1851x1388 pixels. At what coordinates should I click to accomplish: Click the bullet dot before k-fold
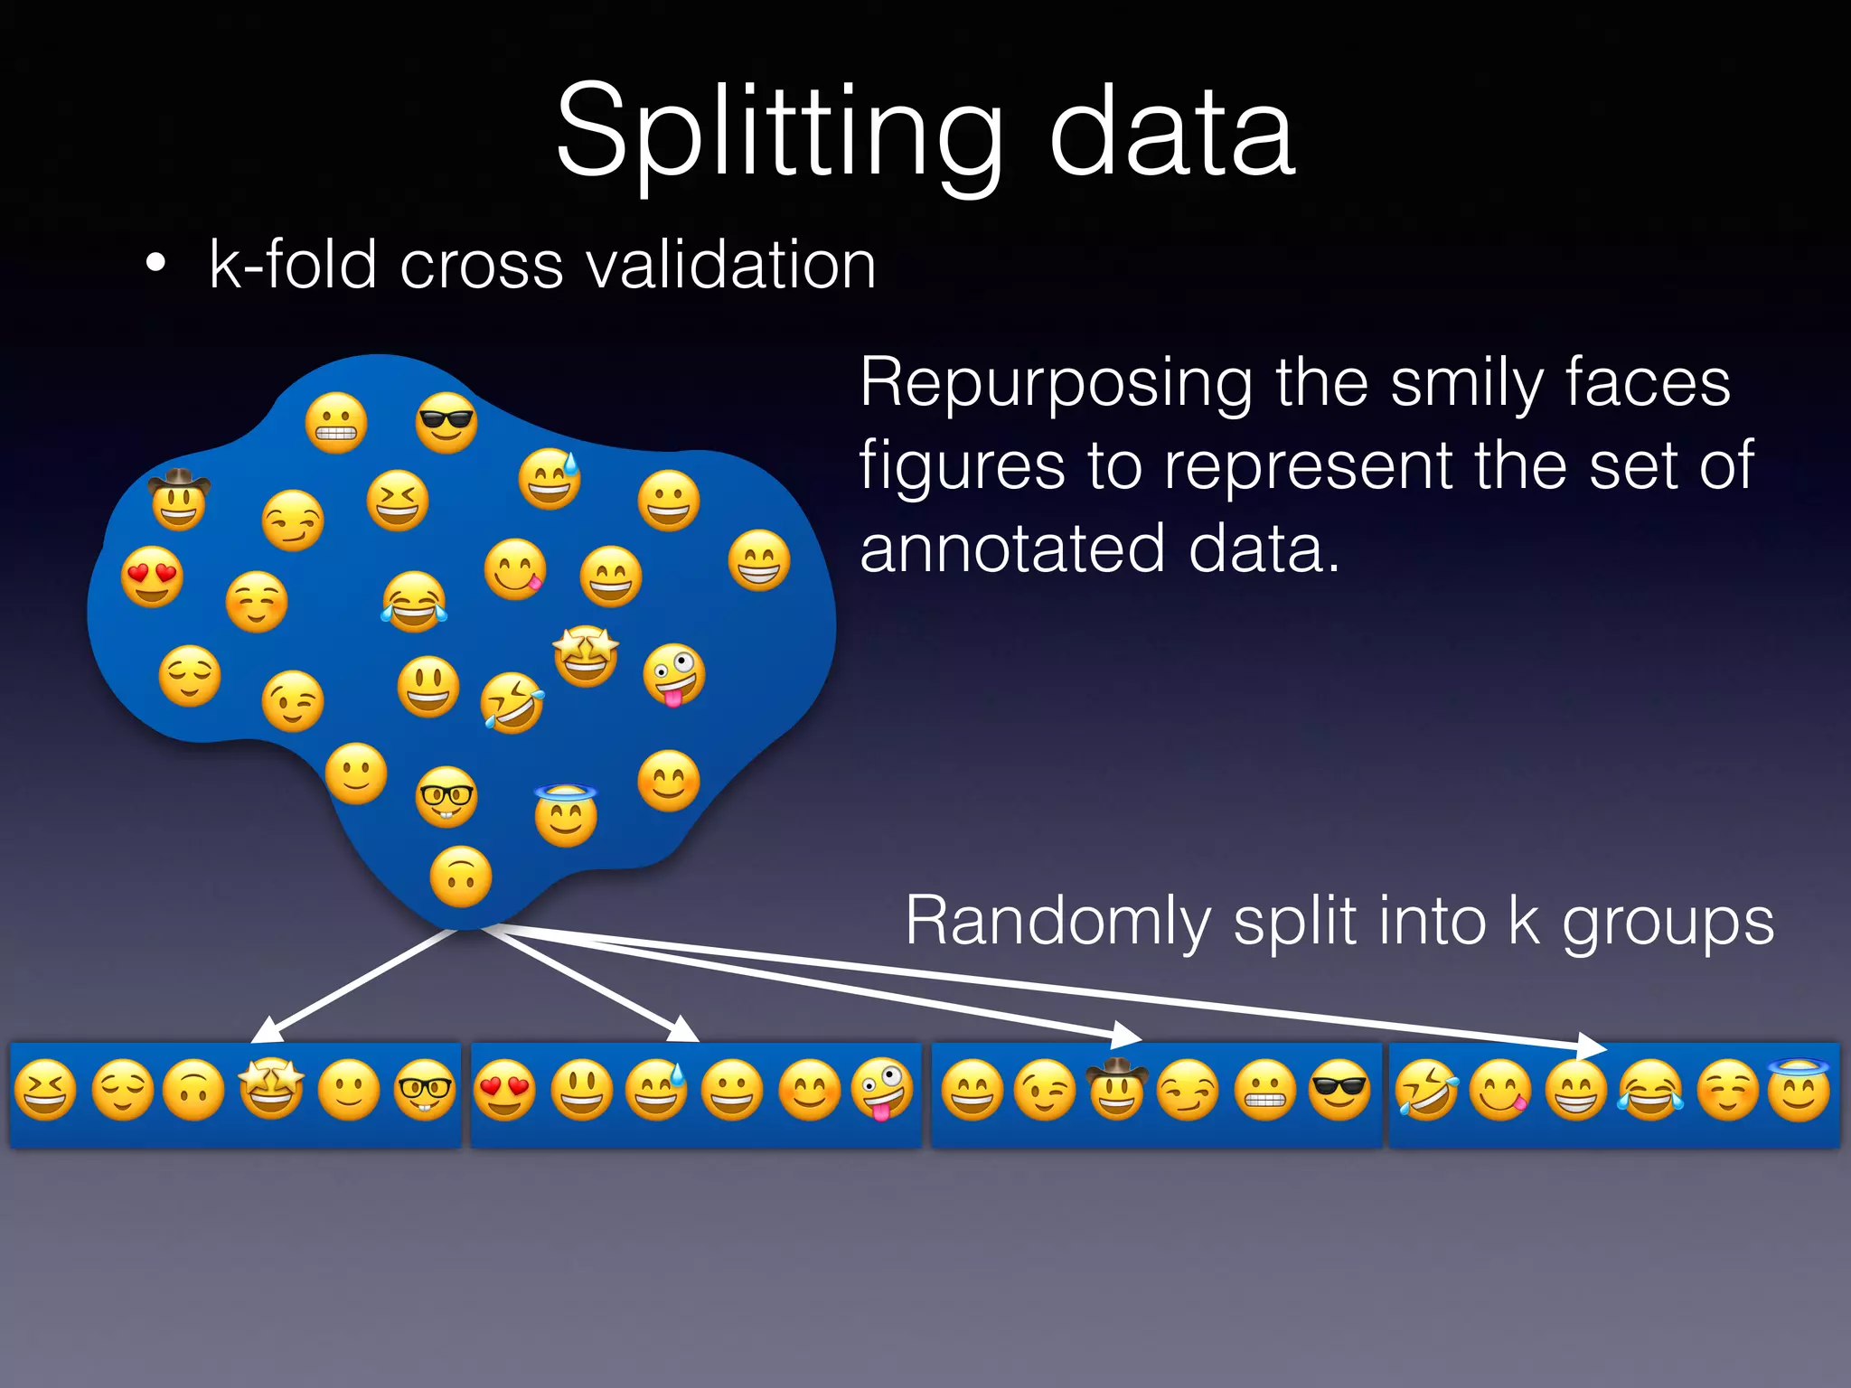point(156,264)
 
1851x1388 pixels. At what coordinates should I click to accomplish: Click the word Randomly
point(1057,921)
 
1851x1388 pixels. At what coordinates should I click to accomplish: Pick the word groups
point(1668,923)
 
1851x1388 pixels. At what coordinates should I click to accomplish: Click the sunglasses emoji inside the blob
point(446,422)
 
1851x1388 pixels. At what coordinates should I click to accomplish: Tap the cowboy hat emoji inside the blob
point(179,499)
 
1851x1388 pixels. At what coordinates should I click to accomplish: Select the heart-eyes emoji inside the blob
point(152,577)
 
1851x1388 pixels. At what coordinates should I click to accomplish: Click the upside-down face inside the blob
point(461,877)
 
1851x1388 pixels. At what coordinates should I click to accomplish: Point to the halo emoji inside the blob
point(566,815)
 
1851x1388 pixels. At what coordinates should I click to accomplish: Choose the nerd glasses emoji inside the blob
point(446,797)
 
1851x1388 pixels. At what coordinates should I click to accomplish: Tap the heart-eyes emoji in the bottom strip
point(504,1090)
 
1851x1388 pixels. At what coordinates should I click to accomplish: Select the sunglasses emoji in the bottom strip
point(1339,1090)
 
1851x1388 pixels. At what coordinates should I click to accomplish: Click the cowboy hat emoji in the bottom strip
point(1117,1088)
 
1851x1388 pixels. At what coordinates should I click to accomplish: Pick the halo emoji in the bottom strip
point(1799,1088)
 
